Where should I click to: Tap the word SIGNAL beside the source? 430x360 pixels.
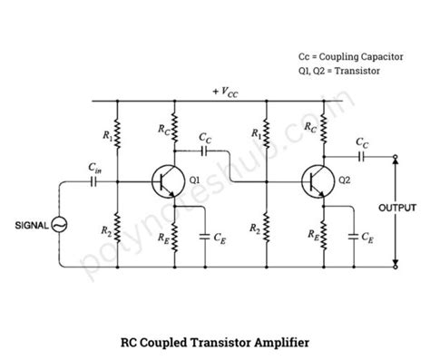coord(27,224)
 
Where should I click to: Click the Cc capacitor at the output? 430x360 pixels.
coord(361,155)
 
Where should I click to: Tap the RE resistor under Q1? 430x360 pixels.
coord(177,238)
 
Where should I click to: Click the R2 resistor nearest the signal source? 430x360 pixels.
coord(116,225)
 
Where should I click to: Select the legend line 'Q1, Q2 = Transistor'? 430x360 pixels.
coord(339,70)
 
